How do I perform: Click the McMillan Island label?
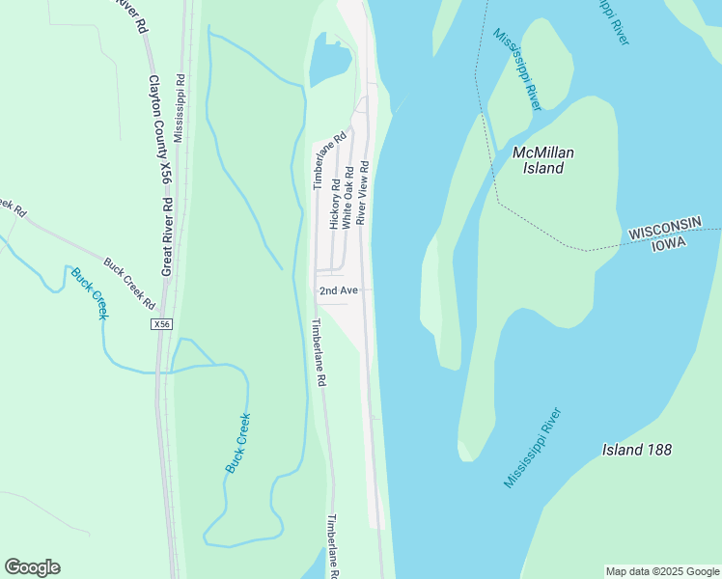[538, 160]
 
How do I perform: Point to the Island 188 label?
[636, 450]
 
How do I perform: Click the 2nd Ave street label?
[339, 289]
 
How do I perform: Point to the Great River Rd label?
[166, 237]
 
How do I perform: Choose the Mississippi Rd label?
[179, 107]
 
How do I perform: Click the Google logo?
[32, 567]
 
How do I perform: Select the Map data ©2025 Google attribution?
[662, 571]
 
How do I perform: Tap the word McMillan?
[538, 152]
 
